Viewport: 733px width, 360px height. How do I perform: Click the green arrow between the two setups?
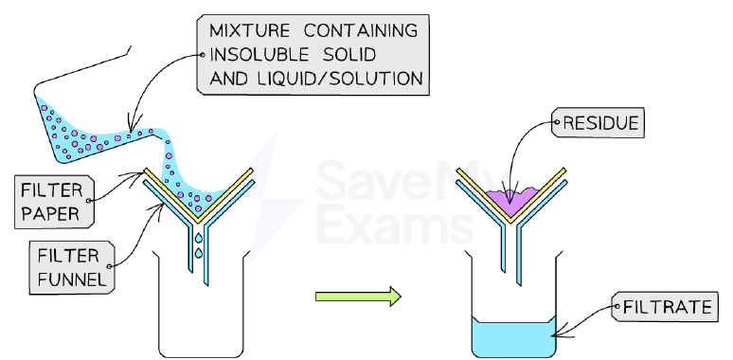[x=358, y=297]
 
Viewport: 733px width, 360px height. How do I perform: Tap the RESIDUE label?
[x=599, y=123]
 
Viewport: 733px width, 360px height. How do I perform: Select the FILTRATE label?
[x=665, y=307]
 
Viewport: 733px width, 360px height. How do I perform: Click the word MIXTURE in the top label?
[x=249, y=31]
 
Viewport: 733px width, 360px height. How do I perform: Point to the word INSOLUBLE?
[x=259, y=55]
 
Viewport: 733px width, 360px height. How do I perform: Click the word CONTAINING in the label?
[x=361, y=31]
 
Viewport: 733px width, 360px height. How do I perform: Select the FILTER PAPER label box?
[x=54, y=202]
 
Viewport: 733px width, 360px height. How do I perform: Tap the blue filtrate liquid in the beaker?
[x=513, y=337]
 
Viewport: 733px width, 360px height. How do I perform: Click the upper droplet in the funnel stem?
[x=199, y=238]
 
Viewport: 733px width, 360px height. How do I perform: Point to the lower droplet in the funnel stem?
[x=199, y=253]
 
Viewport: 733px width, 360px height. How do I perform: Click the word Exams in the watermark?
[x=395, y=225]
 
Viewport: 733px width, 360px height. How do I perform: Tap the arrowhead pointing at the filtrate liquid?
[x=556, y=333]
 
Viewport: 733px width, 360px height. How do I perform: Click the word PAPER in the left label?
[x=50, y=214]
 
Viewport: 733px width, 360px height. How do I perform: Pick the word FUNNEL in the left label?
[x=72, y=279]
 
